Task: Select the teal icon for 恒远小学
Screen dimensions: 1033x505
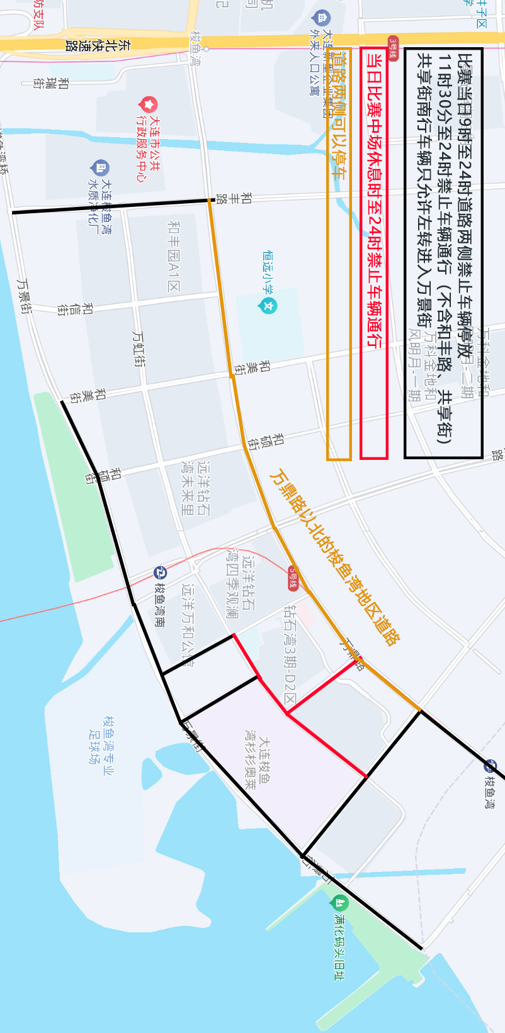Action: click(269, 306)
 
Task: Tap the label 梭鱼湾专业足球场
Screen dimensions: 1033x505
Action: click(101, 739)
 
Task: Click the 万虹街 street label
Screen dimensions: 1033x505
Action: click(139, 349)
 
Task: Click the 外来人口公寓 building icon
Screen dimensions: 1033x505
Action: click(322, 18)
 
